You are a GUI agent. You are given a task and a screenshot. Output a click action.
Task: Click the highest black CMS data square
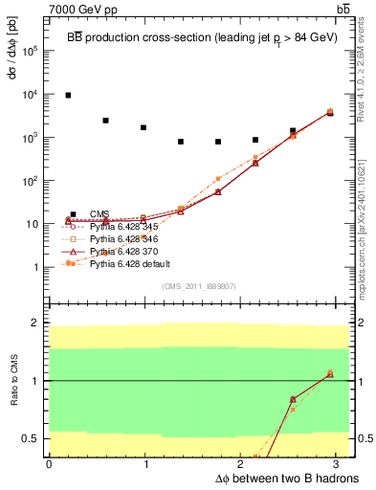tap(68, 96)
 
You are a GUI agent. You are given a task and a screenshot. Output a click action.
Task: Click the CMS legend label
tap(99, 213)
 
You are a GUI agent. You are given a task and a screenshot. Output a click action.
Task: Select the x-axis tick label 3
tap(339, 464)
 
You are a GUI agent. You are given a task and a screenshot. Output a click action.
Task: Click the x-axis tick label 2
tap(242, 464)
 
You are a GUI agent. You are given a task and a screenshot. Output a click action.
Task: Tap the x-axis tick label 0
tap(49, 464)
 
